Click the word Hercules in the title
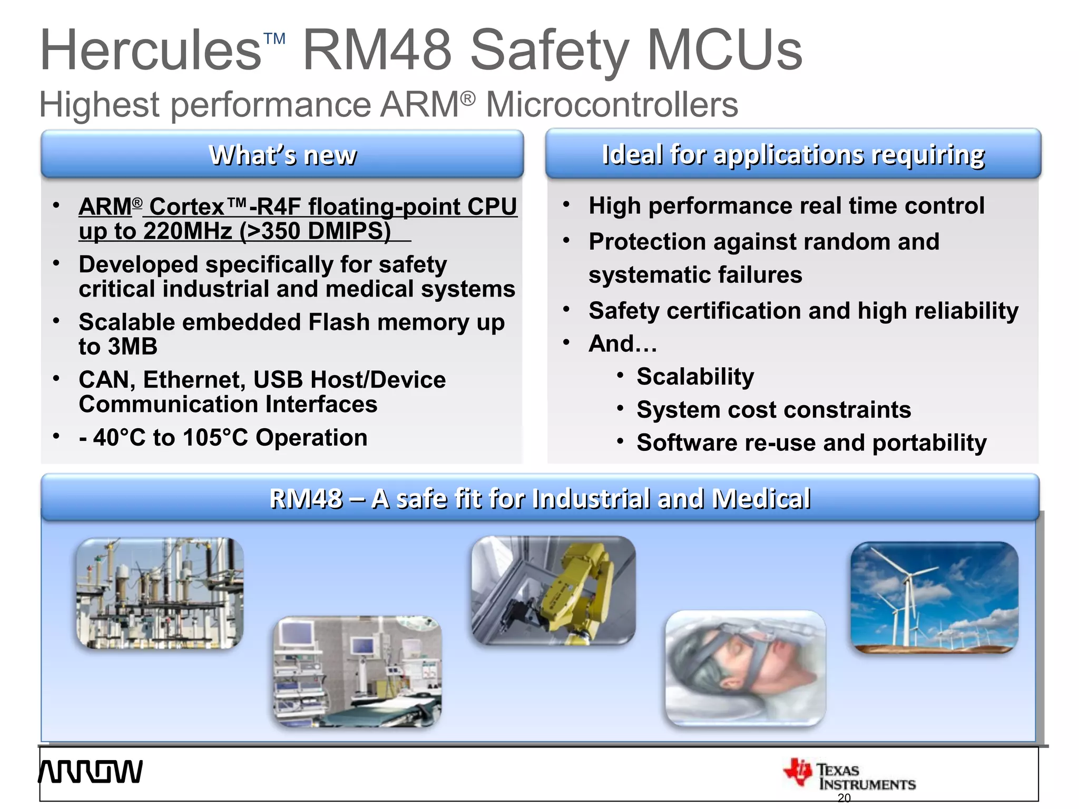[150, 51]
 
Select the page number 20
[844, 798]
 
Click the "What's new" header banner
[282, 155]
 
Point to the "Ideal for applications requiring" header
[793, 154]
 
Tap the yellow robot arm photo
[553, 590]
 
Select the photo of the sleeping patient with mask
[745, 668]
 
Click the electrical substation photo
[160, 593]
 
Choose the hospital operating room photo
[357, 672]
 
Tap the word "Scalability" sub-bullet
[695, 377]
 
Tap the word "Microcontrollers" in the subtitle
[612, 104]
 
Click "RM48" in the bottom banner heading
[306, 498]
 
